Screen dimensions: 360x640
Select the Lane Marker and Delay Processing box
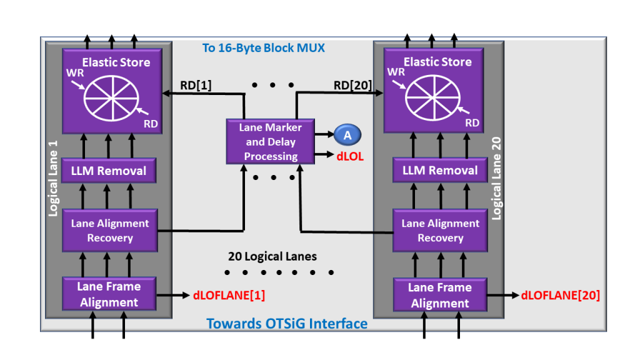271,142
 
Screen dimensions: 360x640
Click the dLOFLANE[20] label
560,295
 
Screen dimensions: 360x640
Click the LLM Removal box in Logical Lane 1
109,171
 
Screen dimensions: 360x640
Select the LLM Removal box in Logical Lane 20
440,170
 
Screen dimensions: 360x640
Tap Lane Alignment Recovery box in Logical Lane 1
109,231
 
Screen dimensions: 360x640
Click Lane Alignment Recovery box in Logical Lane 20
440,231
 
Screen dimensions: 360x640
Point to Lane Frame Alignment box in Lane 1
109,294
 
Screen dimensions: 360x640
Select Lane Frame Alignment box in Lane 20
440,295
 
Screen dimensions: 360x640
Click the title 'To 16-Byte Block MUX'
263,48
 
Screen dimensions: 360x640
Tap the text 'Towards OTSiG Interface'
287,323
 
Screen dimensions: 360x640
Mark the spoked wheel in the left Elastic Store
112,99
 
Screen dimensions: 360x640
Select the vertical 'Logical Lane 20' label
497,177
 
